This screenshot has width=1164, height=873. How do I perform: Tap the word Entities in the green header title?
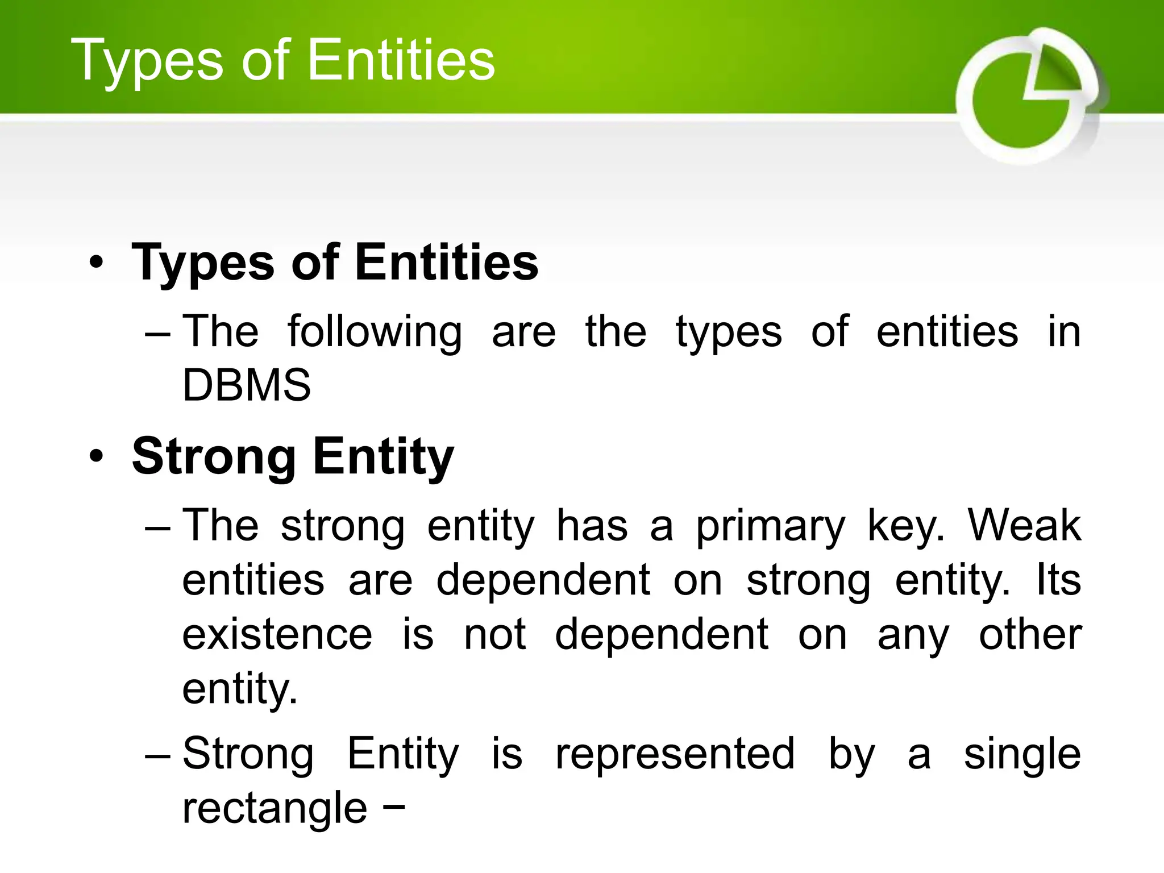(x=401, y=60)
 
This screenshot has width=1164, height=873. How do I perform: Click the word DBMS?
(x=247, y=385)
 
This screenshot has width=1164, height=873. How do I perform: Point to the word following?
(x=375, y=332)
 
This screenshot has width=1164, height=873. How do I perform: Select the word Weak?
(x=1024, y=525)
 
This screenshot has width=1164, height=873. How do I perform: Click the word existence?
(x=277, y=634)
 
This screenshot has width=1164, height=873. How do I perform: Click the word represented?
(x=675, y=754)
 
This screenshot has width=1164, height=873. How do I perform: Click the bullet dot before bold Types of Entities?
(x=97, y=263)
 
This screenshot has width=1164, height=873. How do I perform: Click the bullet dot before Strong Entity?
(x=97, y=456)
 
